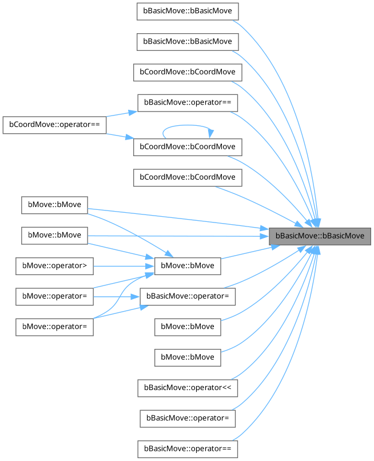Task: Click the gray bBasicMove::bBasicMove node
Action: [320, 236]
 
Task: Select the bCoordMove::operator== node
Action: [54, 125]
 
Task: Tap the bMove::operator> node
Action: [54, 265]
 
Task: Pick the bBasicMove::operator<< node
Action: [188, 387]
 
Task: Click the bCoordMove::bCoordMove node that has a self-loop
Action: [188, 146]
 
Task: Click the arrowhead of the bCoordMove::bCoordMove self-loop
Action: [211, 134]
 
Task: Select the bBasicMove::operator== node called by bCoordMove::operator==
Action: [188, 102]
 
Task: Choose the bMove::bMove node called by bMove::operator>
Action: [188, 265]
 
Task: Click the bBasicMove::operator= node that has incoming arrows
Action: [188, 296]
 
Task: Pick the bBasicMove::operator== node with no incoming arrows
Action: [188, 447]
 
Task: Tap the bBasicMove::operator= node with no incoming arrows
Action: [188, 418]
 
